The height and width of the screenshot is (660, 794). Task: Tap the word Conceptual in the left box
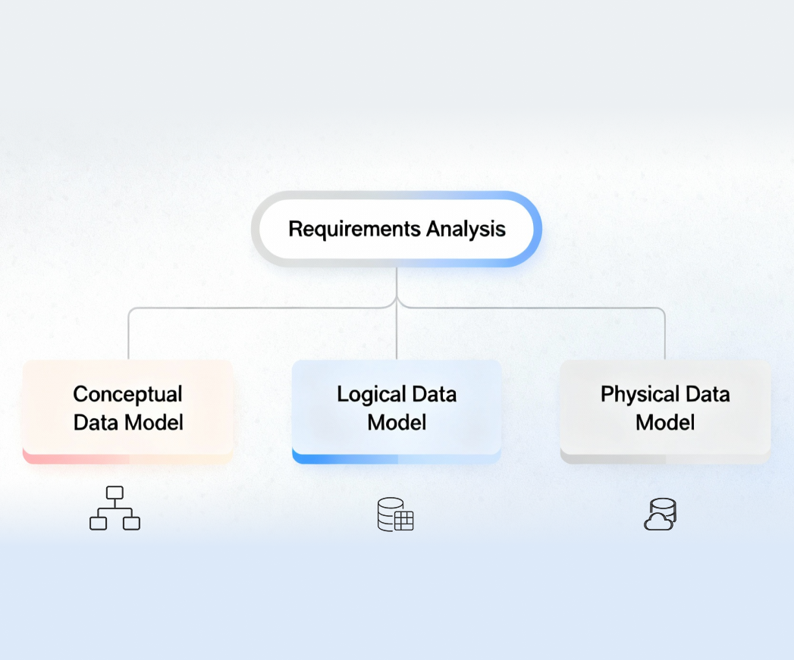127,394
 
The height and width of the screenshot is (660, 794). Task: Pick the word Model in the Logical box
397,422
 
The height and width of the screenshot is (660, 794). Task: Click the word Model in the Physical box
665,422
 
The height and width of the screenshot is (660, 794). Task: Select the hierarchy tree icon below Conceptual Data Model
115,508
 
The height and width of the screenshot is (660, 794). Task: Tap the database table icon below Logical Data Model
396,515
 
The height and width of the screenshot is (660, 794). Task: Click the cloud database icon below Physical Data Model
660,514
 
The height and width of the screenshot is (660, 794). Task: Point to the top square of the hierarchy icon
115,493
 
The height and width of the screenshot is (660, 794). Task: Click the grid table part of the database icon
403,521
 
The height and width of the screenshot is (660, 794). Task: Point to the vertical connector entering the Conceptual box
128,337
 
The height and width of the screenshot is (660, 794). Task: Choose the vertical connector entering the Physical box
665,337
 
